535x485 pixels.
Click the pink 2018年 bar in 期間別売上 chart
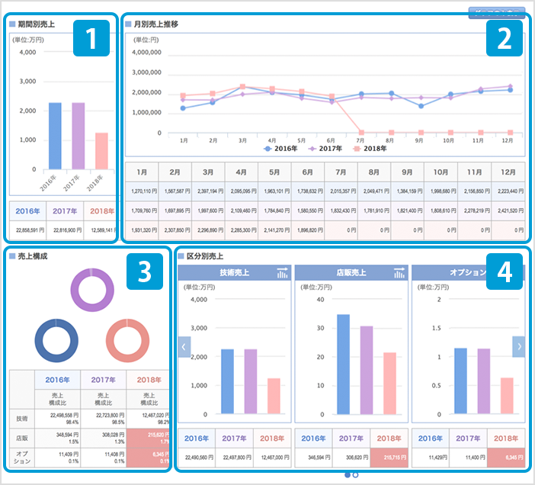(x=101, y=151)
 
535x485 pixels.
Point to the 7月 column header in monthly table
(x=341, y=174)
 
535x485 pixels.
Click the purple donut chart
(x=91, y=289)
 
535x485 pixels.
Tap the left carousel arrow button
(x=184, y=346)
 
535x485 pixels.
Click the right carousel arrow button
(x=518, y=346)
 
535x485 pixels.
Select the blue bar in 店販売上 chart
(x=343, y=364)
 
